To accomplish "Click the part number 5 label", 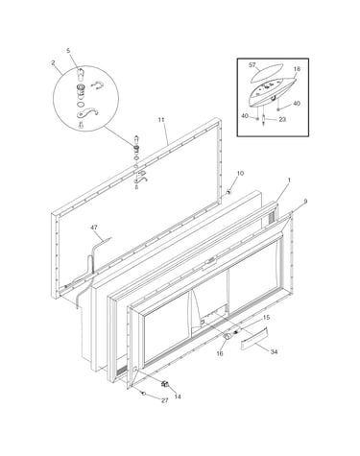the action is point(68,50).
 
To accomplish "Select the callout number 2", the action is point(53,62).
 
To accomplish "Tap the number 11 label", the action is point(161,120).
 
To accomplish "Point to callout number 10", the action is point(240,173).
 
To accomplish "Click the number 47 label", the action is point(94,228).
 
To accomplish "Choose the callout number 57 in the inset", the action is point(252,65).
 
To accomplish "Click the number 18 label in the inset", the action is point(297,69).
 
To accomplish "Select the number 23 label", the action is point(282,119).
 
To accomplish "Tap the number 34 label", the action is point(274,352).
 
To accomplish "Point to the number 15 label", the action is point(266,318).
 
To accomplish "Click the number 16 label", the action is point(220,353).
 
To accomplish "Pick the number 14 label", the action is point(178,396).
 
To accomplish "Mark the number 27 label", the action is point(164,400).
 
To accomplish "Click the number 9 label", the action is point(305,202).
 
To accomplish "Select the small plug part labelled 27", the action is point(144,394).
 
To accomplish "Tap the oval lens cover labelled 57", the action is point(266,72).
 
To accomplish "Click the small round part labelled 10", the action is point(228,192).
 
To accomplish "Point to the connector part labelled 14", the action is point(165,383).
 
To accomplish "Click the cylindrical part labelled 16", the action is point(227,336).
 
